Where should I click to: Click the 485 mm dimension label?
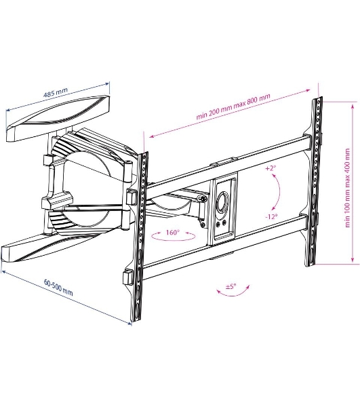pos(56,92)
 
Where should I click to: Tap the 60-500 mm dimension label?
pos(58,288)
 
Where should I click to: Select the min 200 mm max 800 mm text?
pos(233,106)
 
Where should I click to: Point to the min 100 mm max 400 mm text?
pos(347,188)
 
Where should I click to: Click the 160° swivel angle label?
pos(173,232)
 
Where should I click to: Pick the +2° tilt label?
pos(271,168)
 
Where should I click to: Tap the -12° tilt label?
pos(272,216)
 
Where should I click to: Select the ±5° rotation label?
pos(231,286)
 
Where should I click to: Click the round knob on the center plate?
pos(223,202)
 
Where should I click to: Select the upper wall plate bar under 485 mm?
pos(58,118)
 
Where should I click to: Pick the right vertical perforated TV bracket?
pos(314,182)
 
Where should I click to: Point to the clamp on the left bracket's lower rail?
pos(127,277)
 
